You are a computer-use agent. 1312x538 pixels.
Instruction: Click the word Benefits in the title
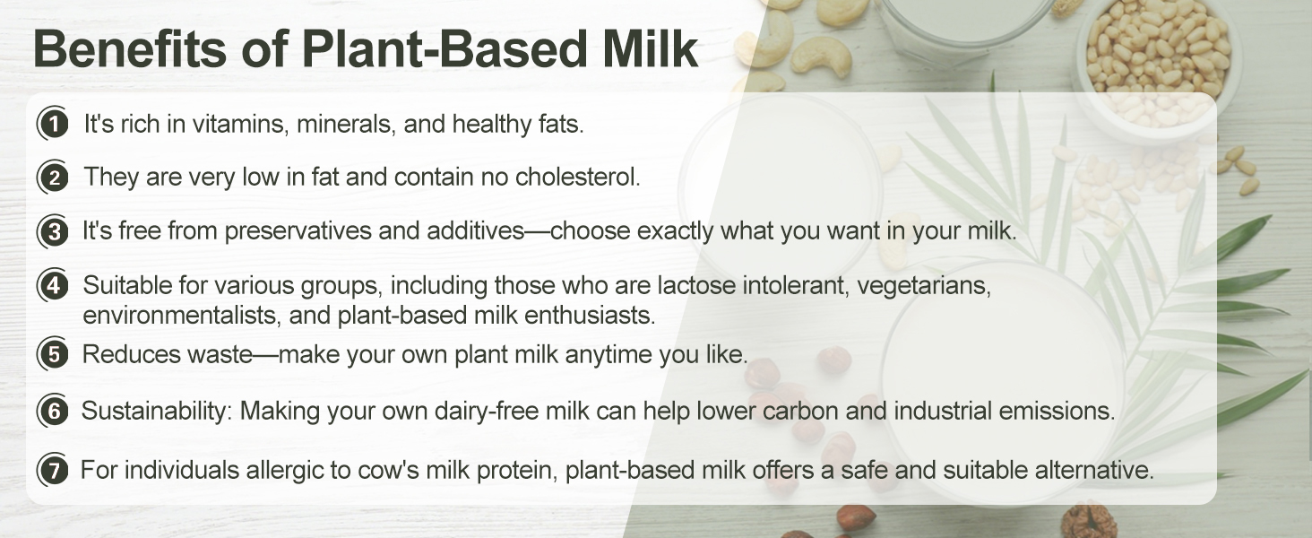click(130, 48)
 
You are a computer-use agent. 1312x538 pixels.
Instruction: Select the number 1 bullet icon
click(53, 124)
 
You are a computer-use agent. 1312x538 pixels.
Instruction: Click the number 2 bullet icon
click(53, 177)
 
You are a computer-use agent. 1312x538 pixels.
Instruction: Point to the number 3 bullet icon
click(53, 231)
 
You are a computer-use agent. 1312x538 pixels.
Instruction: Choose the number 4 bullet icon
click(53, 286)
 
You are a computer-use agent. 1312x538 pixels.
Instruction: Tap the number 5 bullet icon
click(53, 354)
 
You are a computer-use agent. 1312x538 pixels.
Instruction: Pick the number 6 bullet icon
click(53, 411)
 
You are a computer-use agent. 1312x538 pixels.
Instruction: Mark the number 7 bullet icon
click(53, 470)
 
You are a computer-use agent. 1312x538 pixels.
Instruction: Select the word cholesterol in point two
click(577, 177)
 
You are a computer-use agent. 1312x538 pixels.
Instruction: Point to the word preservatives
click(298, 231)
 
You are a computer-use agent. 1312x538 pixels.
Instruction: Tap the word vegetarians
click(924, 286)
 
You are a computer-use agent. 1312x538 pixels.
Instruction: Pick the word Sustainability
click(157, 411)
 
